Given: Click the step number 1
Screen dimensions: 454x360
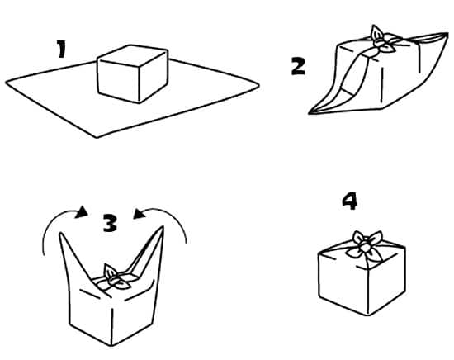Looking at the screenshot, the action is coord(61,49).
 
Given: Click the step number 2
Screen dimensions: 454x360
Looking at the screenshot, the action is coord(298,66).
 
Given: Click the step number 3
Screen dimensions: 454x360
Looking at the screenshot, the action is coord(111,223).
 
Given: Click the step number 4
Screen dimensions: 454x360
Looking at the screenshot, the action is coord(349,201).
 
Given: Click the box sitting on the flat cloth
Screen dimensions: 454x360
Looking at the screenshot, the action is coord(133,73).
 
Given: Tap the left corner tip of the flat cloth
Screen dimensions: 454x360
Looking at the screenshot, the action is coord(7,83).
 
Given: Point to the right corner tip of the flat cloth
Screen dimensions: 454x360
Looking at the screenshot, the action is coord(258,85).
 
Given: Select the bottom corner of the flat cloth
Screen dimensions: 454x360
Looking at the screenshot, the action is coord(97,137).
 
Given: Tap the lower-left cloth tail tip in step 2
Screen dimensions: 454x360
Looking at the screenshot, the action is coord(310,113).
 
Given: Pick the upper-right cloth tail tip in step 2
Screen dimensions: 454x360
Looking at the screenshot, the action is coord(447,34).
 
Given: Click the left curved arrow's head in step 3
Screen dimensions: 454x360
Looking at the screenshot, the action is coord(82,212).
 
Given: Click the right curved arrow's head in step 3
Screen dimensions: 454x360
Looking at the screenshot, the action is coord(139,214).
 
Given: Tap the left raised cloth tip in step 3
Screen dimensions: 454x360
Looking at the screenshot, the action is coord(61,233).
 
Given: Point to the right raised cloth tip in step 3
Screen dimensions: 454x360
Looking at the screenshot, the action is coord(163,227).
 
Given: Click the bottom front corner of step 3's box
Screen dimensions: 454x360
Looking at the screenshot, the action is coord(111,345).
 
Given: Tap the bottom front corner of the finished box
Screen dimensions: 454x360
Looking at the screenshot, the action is coord(368,315).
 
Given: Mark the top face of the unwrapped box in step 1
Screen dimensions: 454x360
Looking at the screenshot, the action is coord(133,56).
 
